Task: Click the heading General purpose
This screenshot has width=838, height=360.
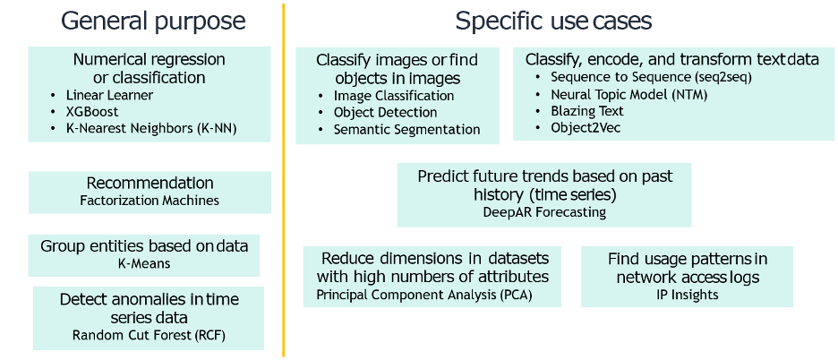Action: (153, 21)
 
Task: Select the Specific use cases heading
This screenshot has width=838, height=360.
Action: (553, 21)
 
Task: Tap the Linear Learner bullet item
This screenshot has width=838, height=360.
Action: (109, 95)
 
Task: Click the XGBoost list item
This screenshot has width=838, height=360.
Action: (92, 112)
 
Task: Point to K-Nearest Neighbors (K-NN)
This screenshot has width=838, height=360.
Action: (151, 128)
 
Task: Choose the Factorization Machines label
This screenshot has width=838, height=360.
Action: (150, 201)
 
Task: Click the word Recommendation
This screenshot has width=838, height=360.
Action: (150, 183)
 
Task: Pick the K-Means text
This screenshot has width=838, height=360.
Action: (144, 263)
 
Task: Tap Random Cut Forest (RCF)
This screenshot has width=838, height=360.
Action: (150, 336)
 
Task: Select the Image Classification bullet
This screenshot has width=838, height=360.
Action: (394, 96)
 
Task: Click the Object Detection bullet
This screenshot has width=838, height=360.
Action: (385, 112)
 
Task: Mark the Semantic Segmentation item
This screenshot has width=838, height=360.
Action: (406, 130)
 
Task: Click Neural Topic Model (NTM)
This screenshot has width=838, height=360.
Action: (629, 95)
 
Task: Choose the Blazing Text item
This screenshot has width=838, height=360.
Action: (587, 111)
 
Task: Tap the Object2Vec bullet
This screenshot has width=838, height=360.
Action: (586, 128)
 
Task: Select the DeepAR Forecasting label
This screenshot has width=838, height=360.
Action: (544, 212)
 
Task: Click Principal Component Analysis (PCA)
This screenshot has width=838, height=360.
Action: (424, 295)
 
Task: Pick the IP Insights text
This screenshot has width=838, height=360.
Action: (687, 295)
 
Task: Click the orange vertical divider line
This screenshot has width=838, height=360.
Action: (283, 180)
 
